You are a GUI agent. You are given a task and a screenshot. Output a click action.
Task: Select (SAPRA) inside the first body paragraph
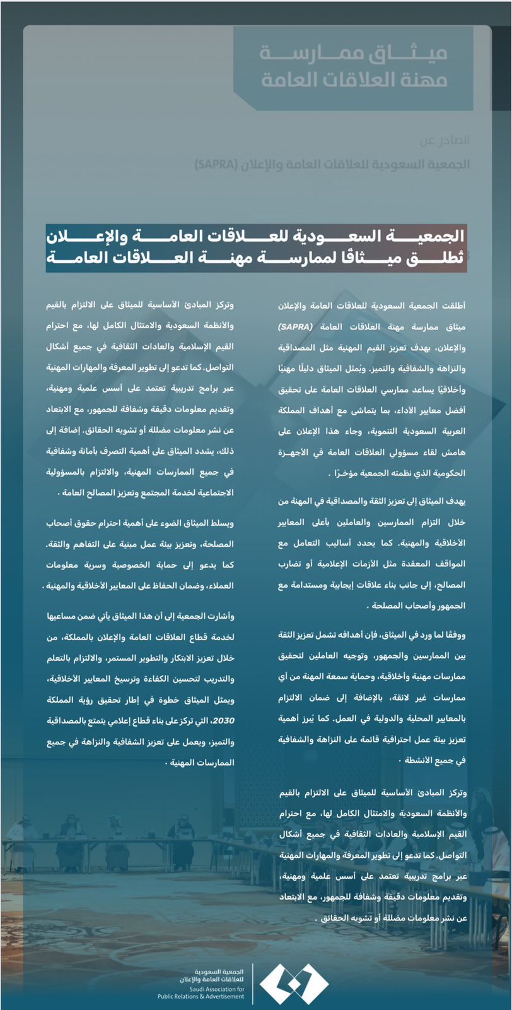[295, 327]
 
